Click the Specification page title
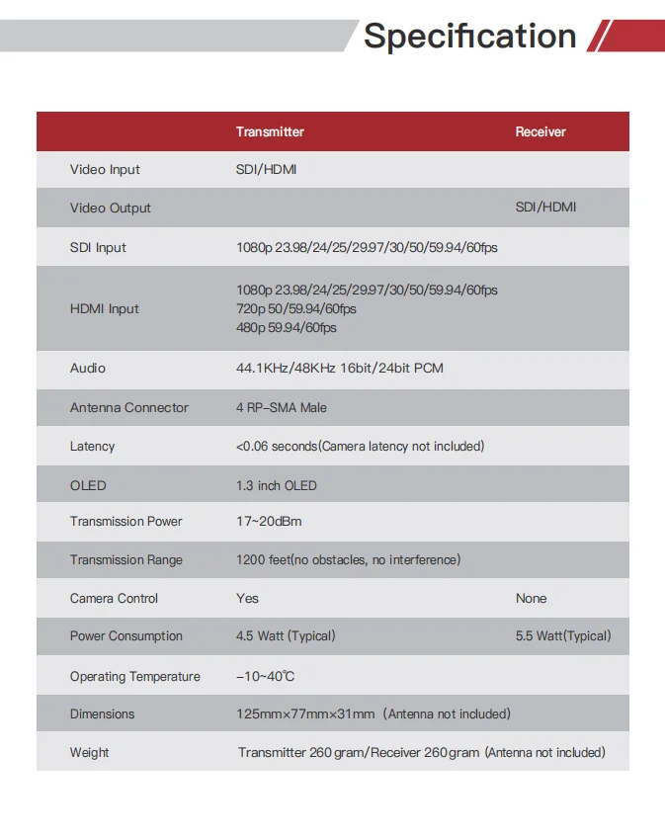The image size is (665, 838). pyautogui.click(x=469, y=36)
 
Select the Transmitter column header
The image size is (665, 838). pyautogui.click(x=270, y=131)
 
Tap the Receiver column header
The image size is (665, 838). pyautogui.click(x=540, y=131)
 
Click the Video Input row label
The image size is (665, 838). pyautogui.click(x=105, y=170)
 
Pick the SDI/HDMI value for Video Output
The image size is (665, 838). pyautogui.click(x=545, y=208)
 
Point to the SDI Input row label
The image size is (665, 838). pyautogui.click(x=98, y=247)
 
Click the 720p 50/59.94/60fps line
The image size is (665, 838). pyautogui.click(x=296, y=308)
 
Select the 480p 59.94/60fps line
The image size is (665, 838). pyautogui.click(x=287, y=327)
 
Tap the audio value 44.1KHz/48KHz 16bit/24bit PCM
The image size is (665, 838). pyautogui.click(x=340, y=368)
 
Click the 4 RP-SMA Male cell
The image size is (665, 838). pyautogui.click(x=282, y=407)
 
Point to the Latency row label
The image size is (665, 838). pyautogui.click(x=92, y=447)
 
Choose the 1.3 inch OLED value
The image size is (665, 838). pyautogui.click(x=277, y=485)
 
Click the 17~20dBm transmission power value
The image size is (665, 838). pyautogui.click(x=269, y=522)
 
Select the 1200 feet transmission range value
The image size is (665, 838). pyautogui.click(x=348, y=560)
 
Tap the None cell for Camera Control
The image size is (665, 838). pyautogui.click(x=531, y=599)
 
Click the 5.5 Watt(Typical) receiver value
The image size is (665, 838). pyautogui.click(x=563, y=636)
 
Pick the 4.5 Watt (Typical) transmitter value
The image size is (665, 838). pyautogui.click(x=286, y=636)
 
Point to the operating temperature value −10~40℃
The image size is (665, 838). pyautogui.click(x=266, y=677)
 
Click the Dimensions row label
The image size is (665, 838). pyautogui.click(x=102, y=714)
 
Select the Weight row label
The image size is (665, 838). pyautogui.click(x=89, y=753)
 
